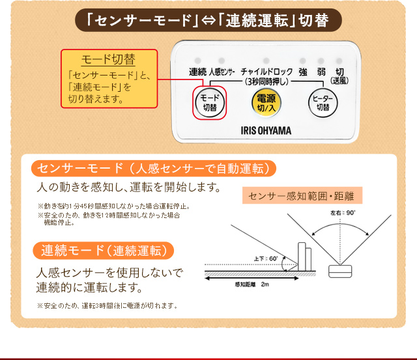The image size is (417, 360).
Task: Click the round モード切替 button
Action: click(209, 103)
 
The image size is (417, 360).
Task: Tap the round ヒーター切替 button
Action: click(323, 103)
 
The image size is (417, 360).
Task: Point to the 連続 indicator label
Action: click(198, 71)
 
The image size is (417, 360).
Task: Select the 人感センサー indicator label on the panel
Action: click(222, 71)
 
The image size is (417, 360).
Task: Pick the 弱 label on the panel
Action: click(321, 71)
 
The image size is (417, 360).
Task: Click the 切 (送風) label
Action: click(339, 75)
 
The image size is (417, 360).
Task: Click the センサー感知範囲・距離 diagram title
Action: click(301, 195)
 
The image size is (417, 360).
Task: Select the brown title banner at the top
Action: click(208, 20)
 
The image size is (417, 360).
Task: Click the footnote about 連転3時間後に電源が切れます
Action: click(108, 305)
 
